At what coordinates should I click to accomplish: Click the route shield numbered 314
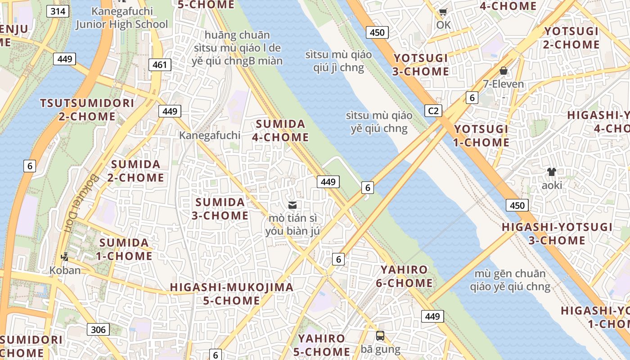coord(58,11)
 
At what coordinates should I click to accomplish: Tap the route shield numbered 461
coord(160,65)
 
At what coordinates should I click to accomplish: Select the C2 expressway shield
coord(433,111)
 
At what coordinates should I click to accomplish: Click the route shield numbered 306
coord(98,329)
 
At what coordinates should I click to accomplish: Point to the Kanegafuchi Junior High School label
coord(121,18)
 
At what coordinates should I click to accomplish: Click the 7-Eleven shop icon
coord(504,71)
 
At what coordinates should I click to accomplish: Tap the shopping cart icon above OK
coord(443,12)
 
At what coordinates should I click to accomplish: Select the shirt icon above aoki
coord(552,171)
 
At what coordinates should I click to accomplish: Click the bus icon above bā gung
coord(380,335)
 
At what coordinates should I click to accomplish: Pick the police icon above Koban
coord(65,257)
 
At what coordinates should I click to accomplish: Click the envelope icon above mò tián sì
coord(292,205)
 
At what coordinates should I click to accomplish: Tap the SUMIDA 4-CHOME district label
coord(281,130)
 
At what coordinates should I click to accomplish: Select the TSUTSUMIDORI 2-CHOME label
coord(87,109)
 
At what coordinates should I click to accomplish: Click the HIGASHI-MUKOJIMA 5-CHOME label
coord(232,293)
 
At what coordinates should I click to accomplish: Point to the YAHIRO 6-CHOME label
coord(407,276)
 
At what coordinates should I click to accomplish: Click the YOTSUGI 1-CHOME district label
coord(481,135)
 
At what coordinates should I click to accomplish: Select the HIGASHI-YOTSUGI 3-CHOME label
coord(557,234)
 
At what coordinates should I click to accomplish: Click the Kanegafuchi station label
coord(210,135)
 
